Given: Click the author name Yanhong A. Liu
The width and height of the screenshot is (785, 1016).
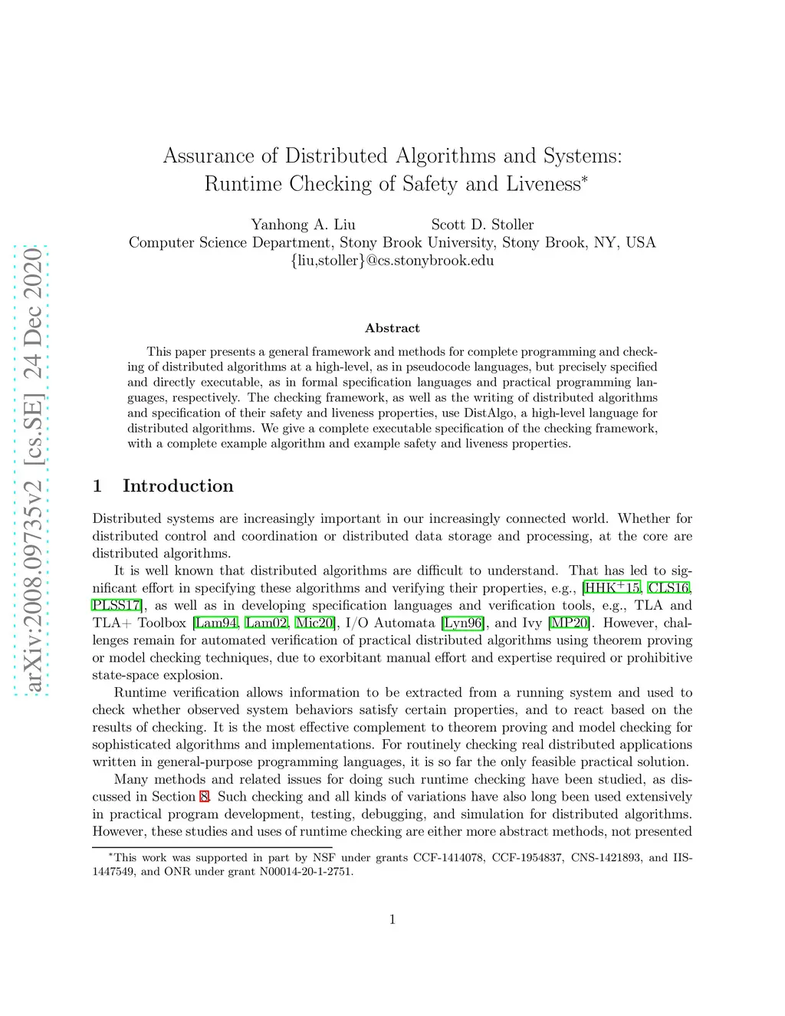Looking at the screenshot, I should click(303, 225).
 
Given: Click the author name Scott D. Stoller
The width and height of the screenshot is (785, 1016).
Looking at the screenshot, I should click(482, 225).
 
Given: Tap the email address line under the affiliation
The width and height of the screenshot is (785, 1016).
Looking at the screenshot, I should click(392, 261).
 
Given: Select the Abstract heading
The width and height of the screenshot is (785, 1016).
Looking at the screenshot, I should click(392, 328).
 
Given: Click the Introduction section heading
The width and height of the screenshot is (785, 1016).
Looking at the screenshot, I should click(177, 486).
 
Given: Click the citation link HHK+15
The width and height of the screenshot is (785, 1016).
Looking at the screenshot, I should click(613, 588).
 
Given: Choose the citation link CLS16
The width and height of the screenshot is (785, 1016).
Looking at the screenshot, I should click(669, 588).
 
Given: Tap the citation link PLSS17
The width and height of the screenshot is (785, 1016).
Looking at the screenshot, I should click(117, 606).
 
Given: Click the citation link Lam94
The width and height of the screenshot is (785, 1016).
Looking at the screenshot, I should click(217, 623).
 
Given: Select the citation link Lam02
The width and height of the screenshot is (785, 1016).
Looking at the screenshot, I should click(267, 623).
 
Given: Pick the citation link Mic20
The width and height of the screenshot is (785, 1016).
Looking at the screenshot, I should click(314, 623).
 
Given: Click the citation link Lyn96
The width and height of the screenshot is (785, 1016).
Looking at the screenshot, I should click(463, 623).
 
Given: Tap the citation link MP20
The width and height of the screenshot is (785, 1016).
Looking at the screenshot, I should click(569, 623).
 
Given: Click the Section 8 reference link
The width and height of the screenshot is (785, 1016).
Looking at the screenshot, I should click(204, 797).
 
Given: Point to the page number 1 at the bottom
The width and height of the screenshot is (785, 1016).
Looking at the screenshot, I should click(392, 919).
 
